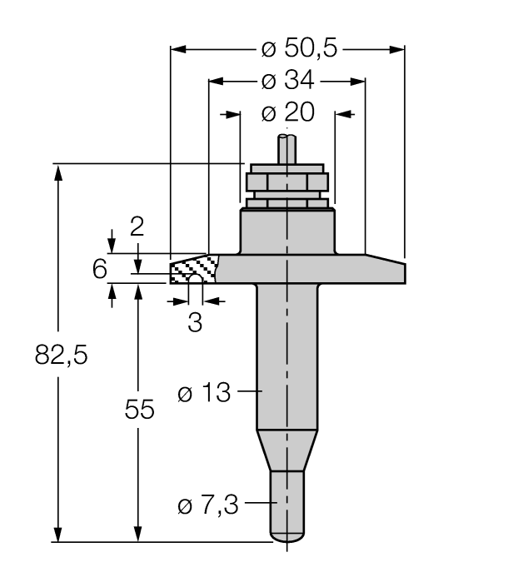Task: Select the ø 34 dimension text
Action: click(x=287, y=81)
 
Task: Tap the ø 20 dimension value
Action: click(x=287, y=112)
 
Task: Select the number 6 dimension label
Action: click(x=99, y=269)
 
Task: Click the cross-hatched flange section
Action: click(x=193, y=268)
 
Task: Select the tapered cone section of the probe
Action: click(x=286, y=450)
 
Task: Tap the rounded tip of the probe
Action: click(x=286, y=534)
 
